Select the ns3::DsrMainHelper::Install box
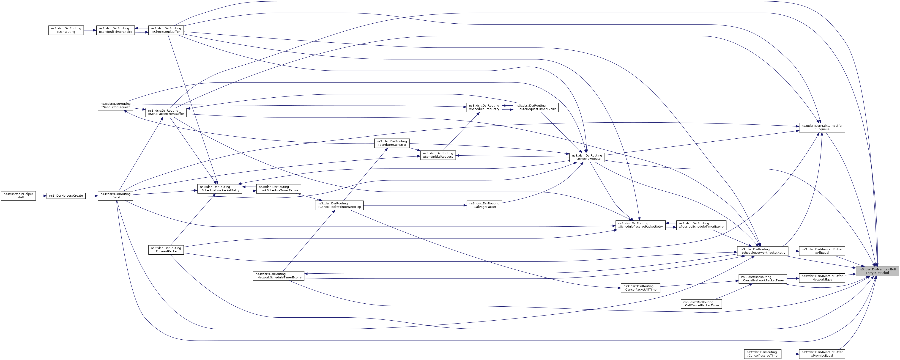(18, 195)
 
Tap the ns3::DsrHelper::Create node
(66, 195)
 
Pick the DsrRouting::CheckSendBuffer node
(166, 30)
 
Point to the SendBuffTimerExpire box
(115, 30)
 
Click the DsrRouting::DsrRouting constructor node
(66, 30)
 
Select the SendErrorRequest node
(115, 106)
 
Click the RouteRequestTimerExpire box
(536, 107)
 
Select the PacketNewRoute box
(587, 157)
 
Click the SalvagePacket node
(484, 205)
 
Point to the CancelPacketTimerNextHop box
(339, 205)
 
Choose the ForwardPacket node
(166, 250)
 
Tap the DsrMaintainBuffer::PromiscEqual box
(822, 354)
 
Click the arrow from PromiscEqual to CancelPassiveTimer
(790, 354)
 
